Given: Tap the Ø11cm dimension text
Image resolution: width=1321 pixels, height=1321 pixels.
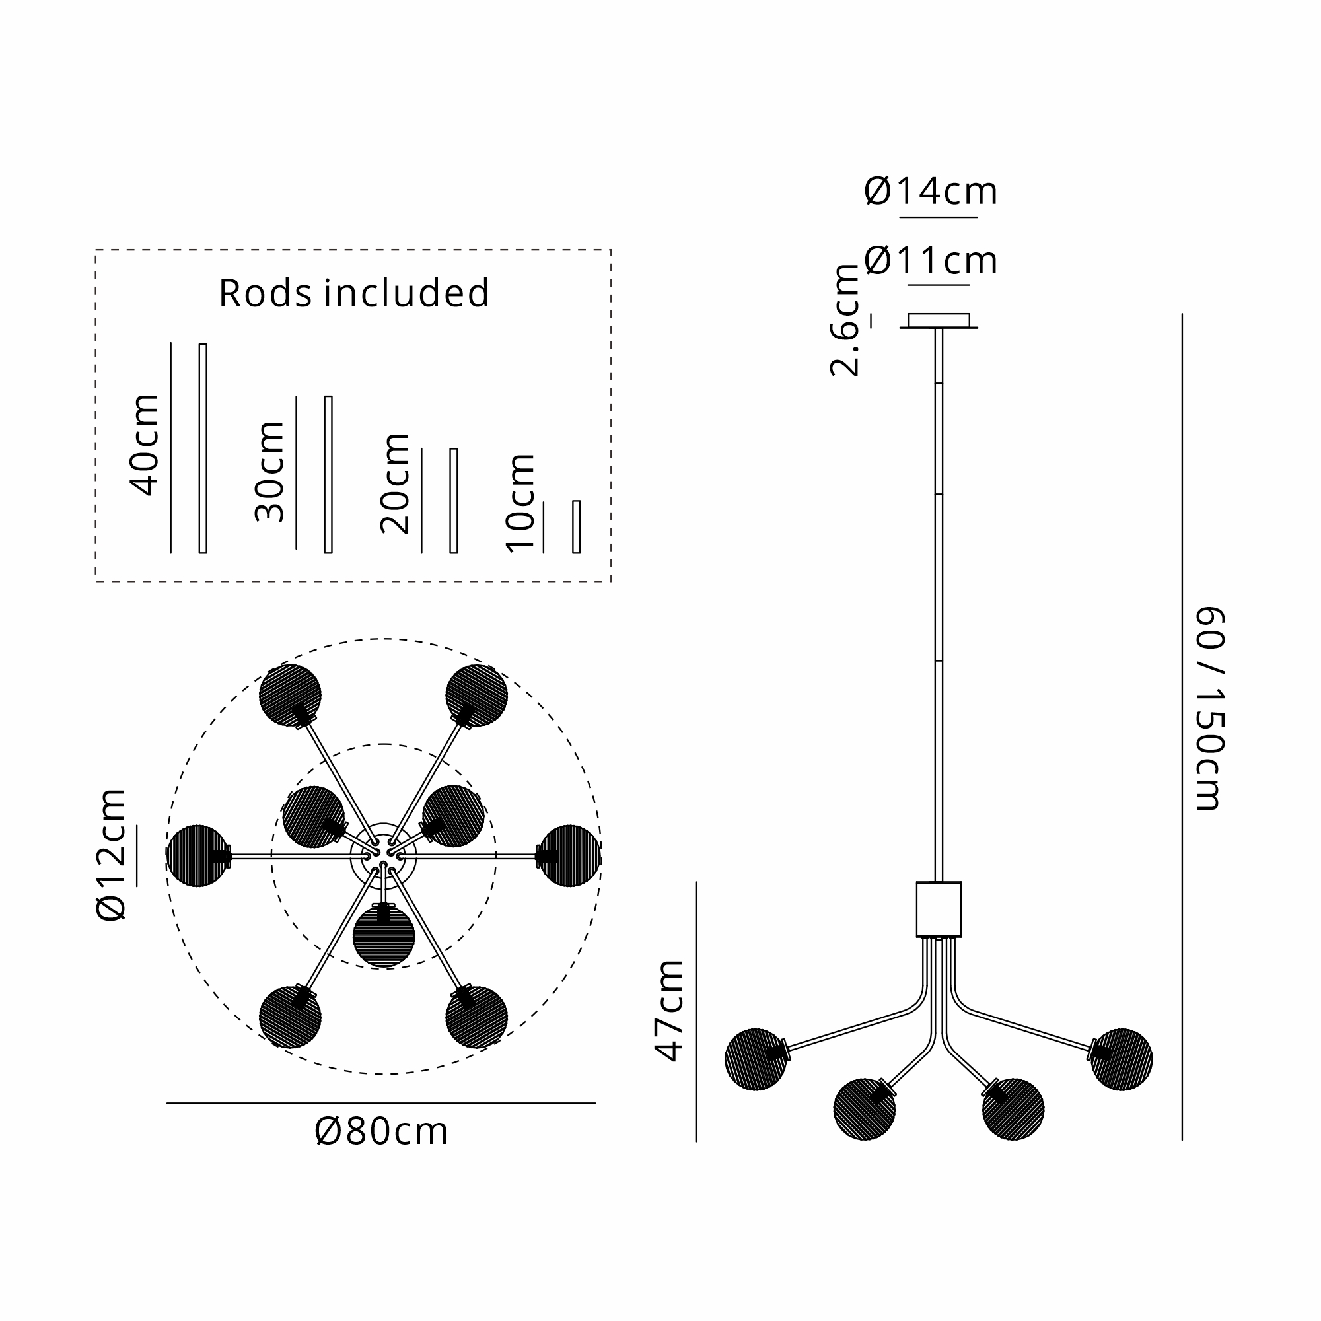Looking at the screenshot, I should [x=931, y=260].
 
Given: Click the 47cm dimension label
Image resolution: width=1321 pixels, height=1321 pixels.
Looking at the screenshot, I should [x=668, y=1011].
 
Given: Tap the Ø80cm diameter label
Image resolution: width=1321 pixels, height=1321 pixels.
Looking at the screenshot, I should [x=382, y=1131].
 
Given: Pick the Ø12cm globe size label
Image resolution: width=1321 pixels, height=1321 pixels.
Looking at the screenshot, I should [x=112, y=855].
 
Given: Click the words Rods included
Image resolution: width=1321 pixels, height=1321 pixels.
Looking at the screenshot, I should [x=353, y=293].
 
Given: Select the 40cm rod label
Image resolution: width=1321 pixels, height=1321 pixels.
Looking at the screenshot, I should [x=144, y=445].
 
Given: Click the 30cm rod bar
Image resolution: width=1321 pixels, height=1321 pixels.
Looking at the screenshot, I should [x=328, y=474].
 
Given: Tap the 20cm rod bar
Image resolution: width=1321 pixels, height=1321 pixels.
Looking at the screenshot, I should [x=453, y=501].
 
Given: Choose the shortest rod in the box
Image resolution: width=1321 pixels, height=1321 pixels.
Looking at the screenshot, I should [x=577, y=526].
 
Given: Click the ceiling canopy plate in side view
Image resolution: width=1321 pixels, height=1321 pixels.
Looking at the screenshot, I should [x=939, y=321].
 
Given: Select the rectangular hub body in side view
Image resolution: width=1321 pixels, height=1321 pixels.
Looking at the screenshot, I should [x=939, y=909].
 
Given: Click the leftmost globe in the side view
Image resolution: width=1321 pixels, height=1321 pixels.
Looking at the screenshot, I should [x=756, y=1059].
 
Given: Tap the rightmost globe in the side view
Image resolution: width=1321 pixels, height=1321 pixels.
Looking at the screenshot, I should [x=1122, y=1059].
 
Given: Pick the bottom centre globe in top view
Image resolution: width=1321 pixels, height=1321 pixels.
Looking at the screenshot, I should [x=384, y=937].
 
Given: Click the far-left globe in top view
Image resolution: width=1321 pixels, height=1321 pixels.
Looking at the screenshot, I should [x=197, y=855].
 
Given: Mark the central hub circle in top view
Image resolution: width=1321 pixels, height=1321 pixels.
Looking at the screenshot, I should [x=383, y=855].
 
